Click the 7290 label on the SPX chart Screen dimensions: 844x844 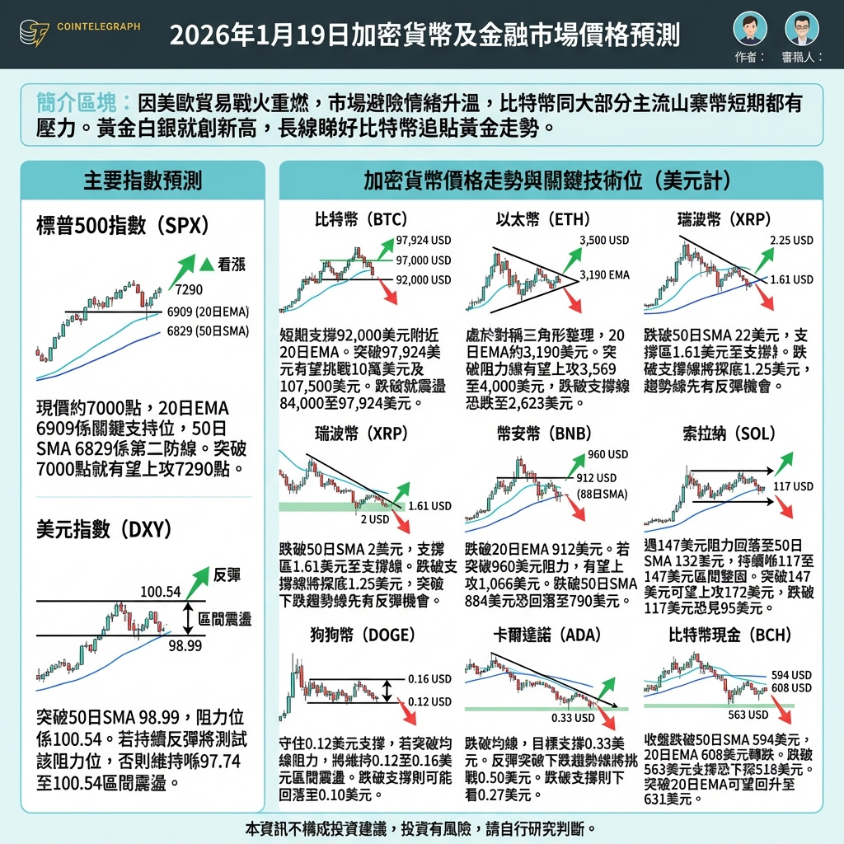click(x=189, y=289)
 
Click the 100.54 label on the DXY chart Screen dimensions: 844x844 click(x=160, y=591)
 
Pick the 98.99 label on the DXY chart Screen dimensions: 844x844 click(x=185, y=645)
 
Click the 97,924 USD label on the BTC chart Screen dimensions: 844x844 click(x=424, y=241)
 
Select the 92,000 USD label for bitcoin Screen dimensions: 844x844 click(x=424, y=280)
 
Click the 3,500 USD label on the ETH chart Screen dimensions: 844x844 click(x=604, y=241)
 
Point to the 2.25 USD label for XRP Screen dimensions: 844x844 click(x=791, y=241)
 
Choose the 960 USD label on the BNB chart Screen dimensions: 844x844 click(x=607, y=454)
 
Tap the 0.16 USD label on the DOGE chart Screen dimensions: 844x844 click(x=429, y=679)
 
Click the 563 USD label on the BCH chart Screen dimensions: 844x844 click(x=748, y=715)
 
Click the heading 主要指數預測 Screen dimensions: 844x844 click(x=143, y=181)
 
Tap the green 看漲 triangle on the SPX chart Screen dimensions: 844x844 click(x=206, y=265)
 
